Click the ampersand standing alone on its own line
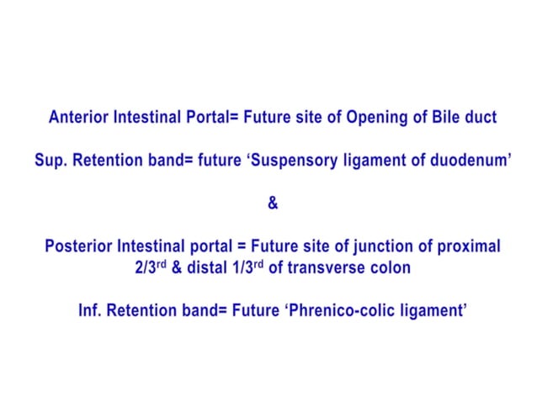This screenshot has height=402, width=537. click(271, 204)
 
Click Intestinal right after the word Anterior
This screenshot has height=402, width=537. click(148, 118)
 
